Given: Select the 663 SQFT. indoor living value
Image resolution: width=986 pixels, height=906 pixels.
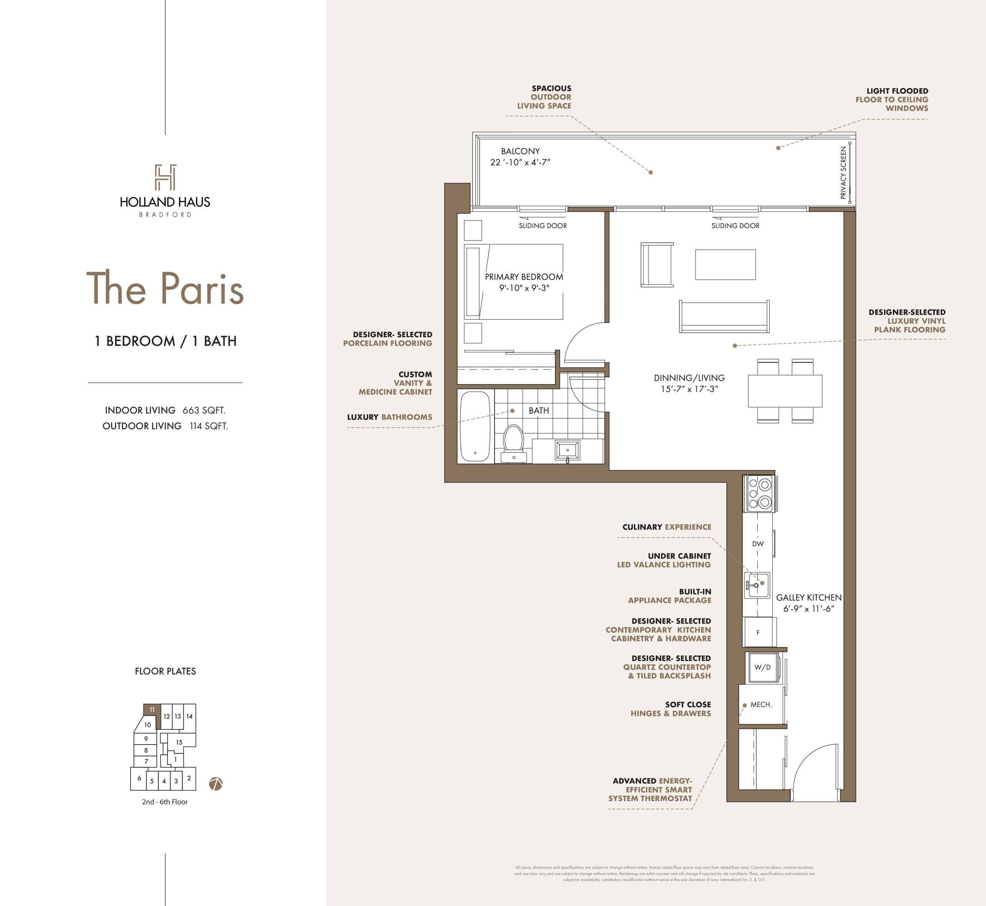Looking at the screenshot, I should [204, 410].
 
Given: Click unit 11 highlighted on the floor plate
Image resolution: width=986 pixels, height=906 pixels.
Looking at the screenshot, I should [152, 709].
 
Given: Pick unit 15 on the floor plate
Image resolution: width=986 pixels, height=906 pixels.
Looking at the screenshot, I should [179, 742].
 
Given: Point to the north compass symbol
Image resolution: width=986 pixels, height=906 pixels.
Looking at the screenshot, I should [216, 784].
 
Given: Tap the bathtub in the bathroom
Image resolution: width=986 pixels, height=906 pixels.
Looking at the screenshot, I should [475, 426].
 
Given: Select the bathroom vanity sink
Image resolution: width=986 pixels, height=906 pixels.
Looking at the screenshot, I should [567, 450].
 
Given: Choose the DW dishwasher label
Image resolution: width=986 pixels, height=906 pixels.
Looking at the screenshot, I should [758, 544].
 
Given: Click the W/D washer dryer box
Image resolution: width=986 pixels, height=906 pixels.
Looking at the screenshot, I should [762, 667].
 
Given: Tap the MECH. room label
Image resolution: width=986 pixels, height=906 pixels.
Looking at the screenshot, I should [761, 704].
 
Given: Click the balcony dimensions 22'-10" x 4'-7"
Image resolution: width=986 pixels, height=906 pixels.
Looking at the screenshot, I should [520, 162].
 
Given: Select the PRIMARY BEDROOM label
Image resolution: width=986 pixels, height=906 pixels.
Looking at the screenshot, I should [524, 277].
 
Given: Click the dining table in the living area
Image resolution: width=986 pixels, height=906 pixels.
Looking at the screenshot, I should [785, 391].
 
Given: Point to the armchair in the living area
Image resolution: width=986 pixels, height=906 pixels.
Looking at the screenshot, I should [657, 265].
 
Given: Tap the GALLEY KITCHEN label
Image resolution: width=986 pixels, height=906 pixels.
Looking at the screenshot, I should [808, 598].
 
